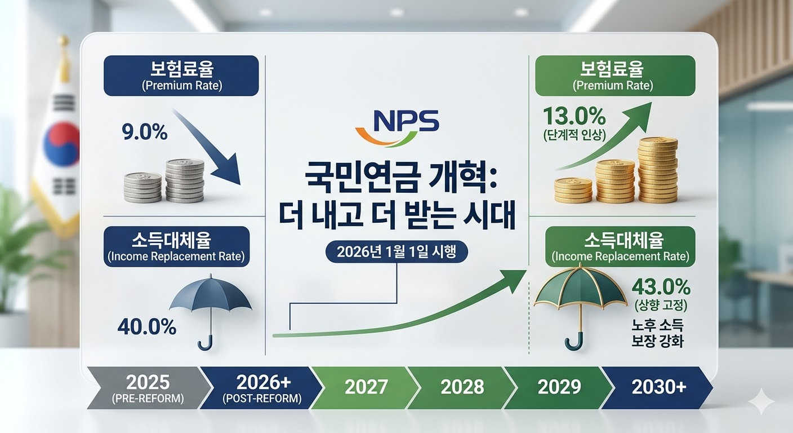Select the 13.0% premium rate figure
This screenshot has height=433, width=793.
[x=574, y=118]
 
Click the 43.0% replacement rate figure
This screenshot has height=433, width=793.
[x=661, y=287]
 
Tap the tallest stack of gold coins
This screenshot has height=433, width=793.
[x=658, y=169]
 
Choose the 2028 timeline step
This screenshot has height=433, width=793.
[x=462, y=387]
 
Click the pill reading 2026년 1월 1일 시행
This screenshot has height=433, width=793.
[x=396, y=253]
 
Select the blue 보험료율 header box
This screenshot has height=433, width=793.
[x=181, y=75]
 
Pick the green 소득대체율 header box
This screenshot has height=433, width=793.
[x=620, y=246]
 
